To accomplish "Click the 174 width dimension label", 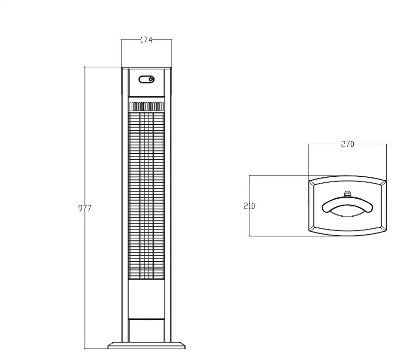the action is [146, 40].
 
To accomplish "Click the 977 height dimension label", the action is [85, 208].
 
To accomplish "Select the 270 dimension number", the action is [347, 144].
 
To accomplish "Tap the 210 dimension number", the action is [249, 206].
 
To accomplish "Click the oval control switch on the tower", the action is [146, 79].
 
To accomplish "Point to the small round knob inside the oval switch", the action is [151, 79].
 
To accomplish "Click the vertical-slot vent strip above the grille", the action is [146, 106].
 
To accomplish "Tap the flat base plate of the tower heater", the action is [147, 345].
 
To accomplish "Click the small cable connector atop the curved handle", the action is [347, 194].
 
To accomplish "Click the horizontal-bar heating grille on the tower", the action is [146, 196].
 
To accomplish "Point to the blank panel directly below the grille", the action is [147, 299].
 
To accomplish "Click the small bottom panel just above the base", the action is [147, 330].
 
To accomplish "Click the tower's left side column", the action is [125, 205].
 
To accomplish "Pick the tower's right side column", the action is [168, 205].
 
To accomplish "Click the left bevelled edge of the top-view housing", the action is [312, 206].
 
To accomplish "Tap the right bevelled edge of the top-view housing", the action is [383, 206].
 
